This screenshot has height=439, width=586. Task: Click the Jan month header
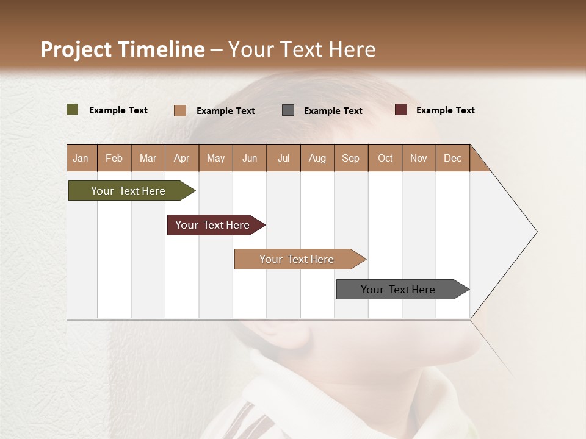click(x=81, y=158)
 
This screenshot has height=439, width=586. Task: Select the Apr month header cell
click(x=182, y=158)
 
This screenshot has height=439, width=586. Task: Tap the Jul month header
click(x=283, y=158)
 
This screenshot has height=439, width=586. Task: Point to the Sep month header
click(x=351, y=158)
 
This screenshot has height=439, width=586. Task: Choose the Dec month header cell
click(x=452, y=158)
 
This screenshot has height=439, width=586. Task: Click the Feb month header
click(x=114, y=158)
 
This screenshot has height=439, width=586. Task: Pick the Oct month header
click(x=385, y=158)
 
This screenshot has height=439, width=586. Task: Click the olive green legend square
click(x=73, y=110)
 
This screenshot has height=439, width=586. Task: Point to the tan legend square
click(x=180, y=110)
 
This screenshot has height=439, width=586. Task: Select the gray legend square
click(x=288, y=110)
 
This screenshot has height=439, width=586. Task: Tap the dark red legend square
click(x=401, y=110)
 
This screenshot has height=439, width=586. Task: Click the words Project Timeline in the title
click(x=122, y=49)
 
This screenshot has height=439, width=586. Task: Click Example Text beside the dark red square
click(x=445, y=110)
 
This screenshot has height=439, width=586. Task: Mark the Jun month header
click(x=250, y=158)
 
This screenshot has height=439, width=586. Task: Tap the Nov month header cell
click(x=419, y=158)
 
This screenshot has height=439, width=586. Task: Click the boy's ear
click(x=287, y=332)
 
